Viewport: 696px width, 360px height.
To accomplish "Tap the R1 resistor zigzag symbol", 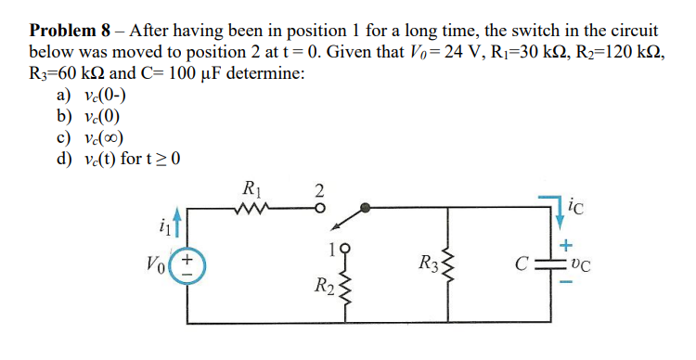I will click(x=251, y=209).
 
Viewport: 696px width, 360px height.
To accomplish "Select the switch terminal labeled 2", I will click(x=317, y=209).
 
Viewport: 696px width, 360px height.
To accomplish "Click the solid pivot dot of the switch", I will click(x=366, y=209).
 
